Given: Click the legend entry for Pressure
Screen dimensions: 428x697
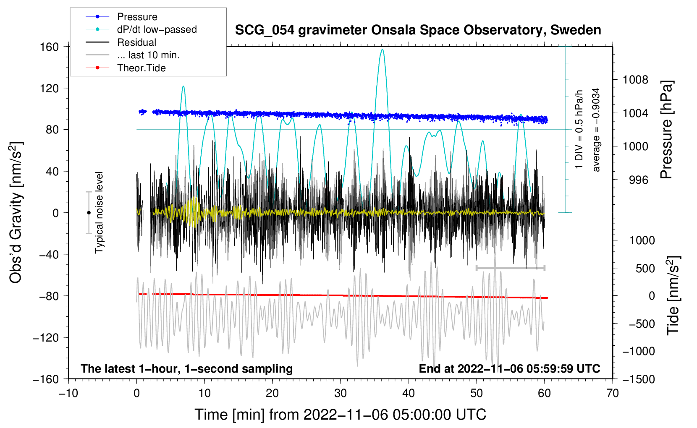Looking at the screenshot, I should click(137, 17).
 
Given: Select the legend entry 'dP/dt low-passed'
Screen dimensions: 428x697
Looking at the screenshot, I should click(157, 29).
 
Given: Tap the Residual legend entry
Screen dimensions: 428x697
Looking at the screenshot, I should click(136, 42).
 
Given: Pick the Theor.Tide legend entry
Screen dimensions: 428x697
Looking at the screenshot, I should click(141, 68).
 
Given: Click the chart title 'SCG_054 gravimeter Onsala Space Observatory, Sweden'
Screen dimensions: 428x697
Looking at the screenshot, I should click(418, 30).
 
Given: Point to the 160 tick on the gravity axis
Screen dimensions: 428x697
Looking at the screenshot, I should click(50, 47).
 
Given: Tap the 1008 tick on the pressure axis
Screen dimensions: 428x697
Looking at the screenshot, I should click(635, 80).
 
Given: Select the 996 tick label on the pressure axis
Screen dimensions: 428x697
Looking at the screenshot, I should click(638, 180).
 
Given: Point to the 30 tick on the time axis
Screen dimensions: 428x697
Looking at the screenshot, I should click(341, 393).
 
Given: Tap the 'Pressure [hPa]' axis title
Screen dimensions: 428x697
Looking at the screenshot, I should click(666, 130).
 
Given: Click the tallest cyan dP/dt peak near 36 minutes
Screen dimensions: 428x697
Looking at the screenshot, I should click(382, 50).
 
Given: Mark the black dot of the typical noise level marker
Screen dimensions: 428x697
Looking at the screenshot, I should click(89, 213).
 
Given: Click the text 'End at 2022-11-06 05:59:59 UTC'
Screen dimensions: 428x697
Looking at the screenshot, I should click(509, 368).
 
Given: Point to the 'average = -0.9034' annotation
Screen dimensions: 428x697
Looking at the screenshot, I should click(596, 130).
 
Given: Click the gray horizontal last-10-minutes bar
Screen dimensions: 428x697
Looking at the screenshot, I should click(510, 268).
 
